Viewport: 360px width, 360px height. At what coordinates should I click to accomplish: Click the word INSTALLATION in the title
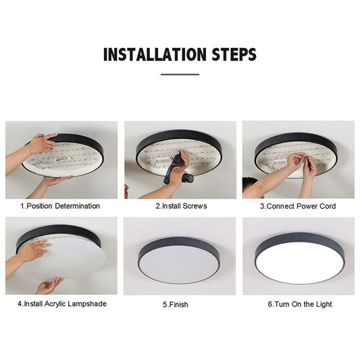154,54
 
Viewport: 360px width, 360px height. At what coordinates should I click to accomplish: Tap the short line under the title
180,74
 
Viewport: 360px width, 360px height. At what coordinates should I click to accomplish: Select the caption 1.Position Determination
60,206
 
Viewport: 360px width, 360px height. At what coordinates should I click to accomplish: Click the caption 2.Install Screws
181,206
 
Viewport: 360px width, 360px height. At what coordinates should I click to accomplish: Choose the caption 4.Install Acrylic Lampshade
61,304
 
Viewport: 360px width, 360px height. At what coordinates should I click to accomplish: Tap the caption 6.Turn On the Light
299,305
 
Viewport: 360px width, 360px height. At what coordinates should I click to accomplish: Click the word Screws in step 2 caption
195,206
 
